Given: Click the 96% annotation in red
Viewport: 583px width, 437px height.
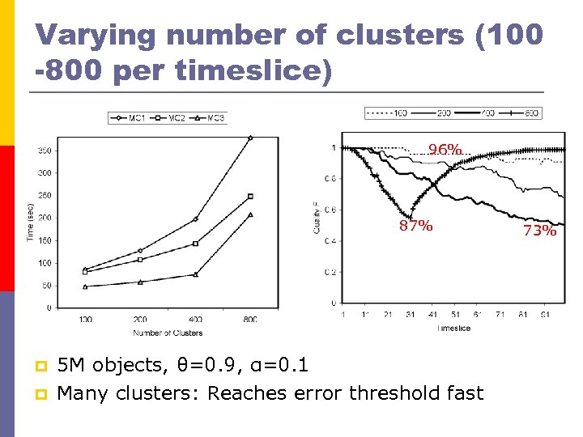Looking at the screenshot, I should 445,149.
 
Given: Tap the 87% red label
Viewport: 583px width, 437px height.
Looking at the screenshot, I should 415,226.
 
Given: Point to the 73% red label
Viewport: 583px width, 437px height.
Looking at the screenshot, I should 539,231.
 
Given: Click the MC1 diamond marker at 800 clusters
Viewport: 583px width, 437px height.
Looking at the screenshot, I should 250,138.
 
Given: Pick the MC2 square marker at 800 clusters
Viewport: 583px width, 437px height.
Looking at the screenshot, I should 250,196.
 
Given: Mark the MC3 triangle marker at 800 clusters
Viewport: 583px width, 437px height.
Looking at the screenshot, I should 250,214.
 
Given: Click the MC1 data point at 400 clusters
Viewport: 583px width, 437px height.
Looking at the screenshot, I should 195,219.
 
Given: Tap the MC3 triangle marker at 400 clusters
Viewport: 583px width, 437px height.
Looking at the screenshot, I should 195,274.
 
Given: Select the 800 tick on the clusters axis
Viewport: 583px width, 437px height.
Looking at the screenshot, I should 250,319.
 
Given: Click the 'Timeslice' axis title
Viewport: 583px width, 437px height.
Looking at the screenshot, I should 453,329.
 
